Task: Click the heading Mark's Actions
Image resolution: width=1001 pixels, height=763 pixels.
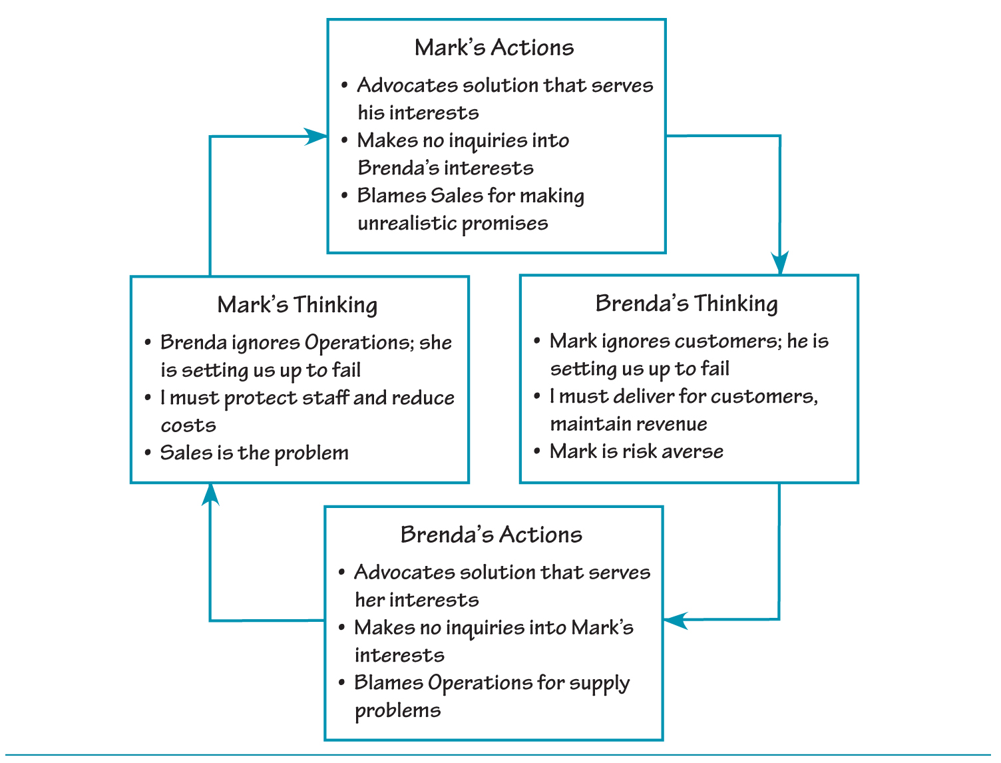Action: (x=494, y=48)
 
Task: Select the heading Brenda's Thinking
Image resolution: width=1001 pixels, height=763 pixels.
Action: (x=686, y=304)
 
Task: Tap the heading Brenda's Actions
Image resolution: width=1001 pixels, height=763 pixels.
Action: (x=491, y=535)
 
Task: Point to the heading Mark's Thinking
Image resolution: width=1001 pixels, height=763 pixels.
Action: (x=297, y=305)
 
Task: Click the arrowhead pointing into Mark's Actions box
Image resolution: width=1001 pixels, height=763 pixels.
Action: (x=315, y=136)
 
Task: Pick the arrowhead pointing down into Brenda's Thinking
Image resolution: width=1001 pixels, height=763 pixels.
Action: (x=780, y=263)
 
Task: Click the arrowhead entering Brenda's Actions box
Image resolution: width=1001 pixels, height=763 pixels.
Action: (x=676, y=621)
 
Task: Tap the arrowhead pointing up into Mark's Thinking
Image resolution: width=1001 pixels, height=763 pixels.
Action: (x=211, y=495)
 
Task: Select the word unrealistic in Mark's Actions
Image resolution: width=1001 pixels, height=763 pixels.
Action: (x=407, y=223)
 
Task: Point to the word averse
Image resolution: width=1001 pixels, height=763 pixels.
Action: (x=692, y=451)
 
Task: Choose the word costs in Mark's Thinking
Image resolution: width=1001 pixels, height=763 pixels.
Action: (x=188, y=425)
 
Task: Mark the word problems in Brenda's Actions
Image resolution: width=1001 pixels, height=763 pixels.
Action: (x=397, y=711)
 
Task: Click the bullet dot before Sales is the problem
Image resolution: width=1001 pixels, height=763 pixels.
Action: (x=148, y=453)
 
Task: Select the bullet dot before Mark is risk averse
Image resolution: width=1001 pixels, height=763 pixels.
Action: (x=537, y=451)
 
